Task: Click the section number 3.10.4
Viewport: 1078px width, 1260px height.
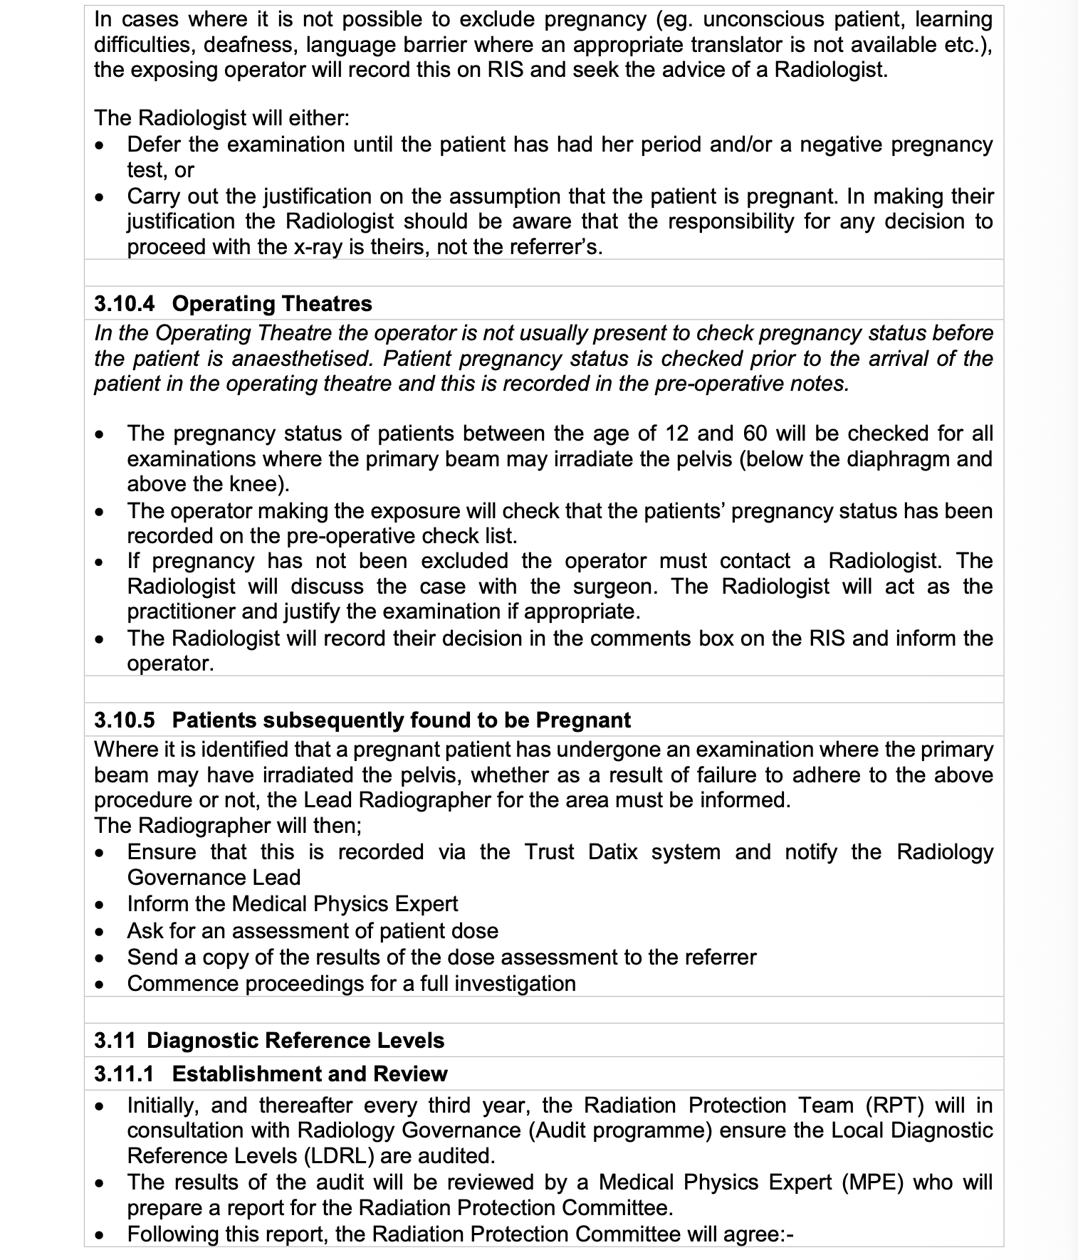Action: tap(124, 304)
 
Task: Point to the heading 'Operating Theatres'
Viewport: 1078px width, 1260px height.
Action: tap(272, 304)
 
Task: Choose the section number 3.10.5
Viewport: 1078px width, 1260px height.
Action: tap(124, 720)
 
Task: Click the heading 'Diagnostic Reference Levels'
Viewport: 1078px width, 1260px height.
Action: tap(295, 1041)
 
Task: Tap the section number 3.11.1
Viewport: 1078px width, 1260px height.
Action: tap(124, 1074)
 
